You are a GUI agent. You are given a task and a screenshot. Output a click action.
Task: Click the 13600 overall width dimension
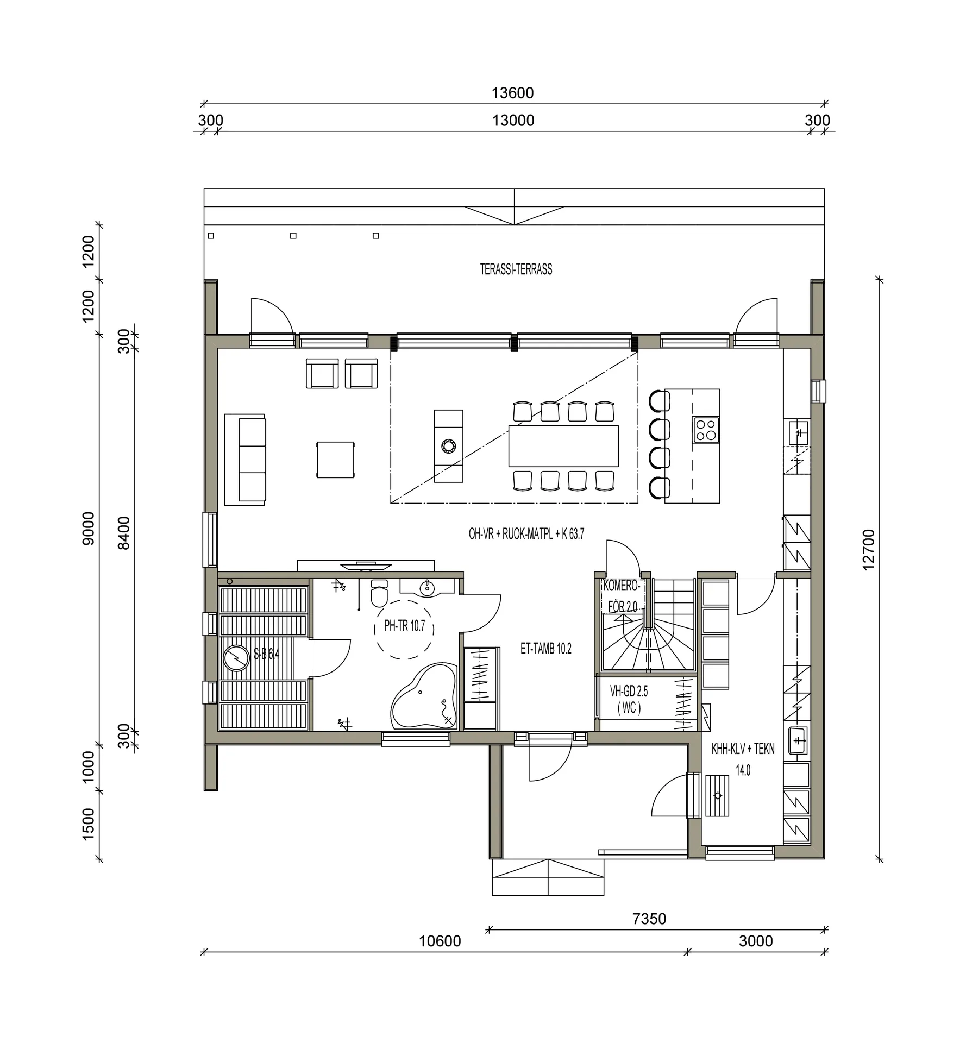click(x=512, y=93)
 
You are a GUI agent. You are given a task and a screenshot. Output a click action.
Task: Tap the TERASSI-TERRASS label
click(x=516, y=269)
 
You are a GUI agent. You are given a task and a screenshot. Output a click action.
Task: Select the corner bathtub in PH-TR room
click(x=424, y=695)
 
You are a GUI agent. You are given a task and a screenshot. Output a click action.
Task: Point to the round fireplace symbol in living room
click(x=449, y=446)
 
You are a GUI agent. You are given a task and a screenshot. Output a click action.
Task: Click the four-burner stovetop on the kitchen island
click(x=706, y=430)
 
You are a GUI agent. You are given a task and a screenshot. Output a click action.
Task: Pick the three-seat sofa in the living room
click(x=245, y=460)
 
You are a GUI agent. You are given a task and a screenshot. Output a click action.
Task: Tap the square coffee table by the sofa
click(x=335, y=460)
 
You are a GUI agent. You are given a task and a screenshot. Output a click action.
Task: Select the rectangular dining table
click(x=563, y=446)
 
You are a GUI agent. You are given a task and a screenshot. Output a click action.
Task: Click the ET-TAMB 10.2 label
click(x=545, y=649)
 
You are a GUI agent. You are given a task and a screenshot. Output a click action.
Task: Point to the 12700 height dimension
click(x=868, y=549)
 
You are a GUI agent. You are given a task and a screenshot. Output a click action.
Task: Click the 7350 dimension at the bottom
click(x=649, y=919)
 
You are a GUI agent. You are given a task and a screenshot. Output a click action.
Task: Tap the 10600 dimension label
click(x=440, y=941)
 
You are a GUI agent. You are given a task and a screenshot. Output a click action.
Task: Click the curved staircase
click(x=648, y=625)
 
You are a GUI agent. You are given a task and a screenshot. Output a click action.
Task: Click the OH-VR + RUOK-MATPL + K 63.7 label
click(x=526, y=534)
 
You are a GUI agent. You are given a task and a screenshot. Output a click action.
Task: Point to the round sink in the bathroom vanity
click(x=428, y=588)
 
